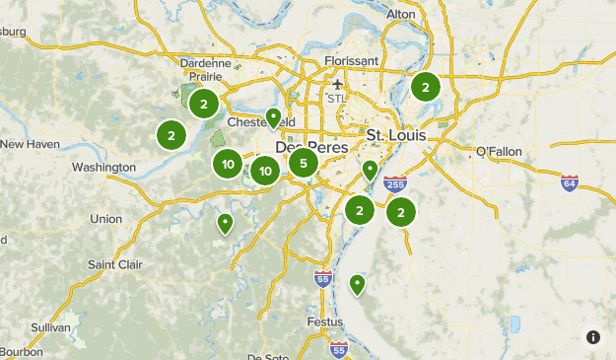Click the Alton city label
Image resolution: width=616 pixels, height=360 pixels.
[400, 14]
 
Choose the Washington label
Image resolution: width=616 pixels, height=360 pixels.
[103, 168]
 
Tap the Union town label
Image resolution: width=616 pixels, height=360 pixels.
[106, 218]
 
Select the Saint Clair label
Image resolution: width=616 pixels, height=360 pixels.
[115, 264]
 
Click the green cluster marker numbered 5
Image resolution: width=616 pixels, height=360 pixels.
[304, 163]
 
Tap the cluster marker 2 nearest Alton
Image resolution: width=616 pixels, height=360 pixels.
[425, 87]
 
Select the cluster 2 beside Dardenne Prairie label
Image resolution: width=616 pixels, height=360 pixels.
[203, 103]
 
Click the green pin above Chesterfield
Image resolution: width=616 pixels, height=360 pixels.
[273, 117]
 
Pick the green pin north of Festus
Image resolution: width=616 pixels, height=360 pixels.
[357, 284]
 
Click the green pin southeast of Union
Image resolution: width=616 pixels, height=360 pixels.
[226, 224]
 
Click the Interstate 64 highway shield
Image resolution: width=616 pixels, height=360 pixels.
[569, 182]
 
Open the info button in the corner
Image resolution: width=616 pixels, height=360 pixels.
[593, 337]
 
